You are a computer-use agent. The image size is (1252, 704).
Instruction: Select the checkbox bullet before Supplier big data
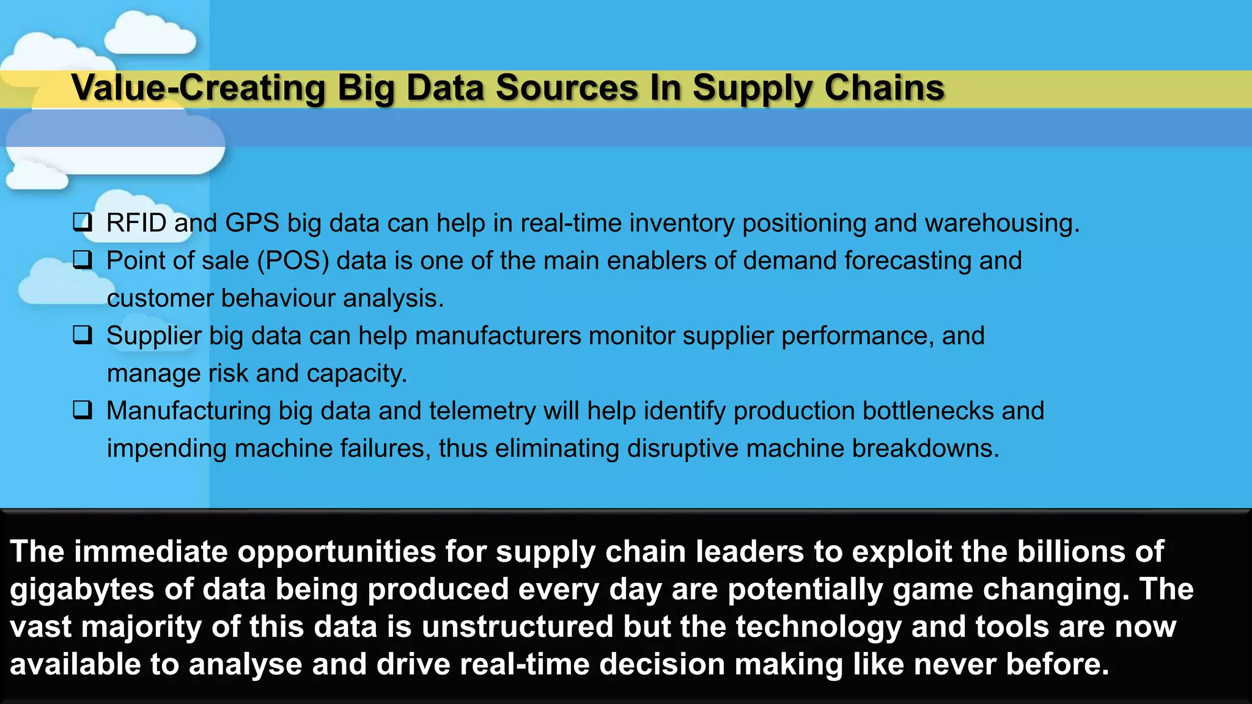83,335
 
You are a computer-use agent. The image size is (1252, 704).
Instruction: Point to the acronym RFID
136,223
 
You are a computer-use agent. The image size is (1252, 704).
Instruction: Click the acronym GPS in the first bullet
252,223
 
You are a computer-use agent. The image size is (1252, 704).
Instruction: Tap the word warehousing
1001,223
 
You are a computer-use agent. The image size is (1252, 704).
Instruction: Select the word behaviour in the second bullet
278,298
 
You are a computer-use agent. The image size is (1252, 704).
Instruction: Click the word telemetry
482,411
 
